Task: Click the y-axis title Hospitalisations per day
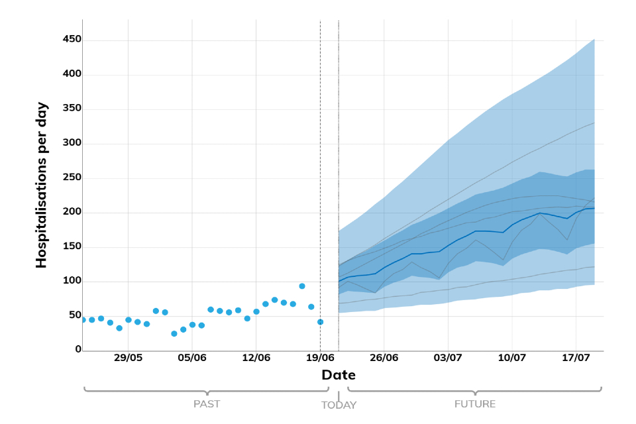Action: [x=42, y=185]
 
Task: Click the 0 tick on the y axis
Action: [x=78, y=349]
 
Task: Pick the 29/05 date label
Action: [x=128, y=358]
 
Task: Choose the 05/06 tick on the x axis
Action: [x=192, y=358]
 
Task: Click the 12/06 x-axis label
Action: [x=256, y=358]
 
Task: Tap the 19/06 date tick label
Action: [x=320, y=358]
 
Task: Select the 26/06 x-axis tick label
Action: [x=384, y=358]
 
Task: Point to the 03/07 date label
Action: [x=448, y=358]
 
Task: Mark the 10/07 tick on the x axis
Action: [x=512, y=358]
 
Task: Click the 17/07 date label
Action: [x=576, y=358]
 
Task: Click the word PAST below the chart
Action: [x=207, y=403]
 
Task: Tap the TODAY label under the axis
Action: [x=339, y=405]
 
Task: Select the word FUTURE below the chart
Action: [x=475, y=403]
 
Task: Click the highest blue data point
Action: [x=302, y=286]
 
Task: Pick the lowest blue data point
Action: [x=174, y=334]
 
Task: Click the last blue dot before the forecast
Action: [x=320, y=322]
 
